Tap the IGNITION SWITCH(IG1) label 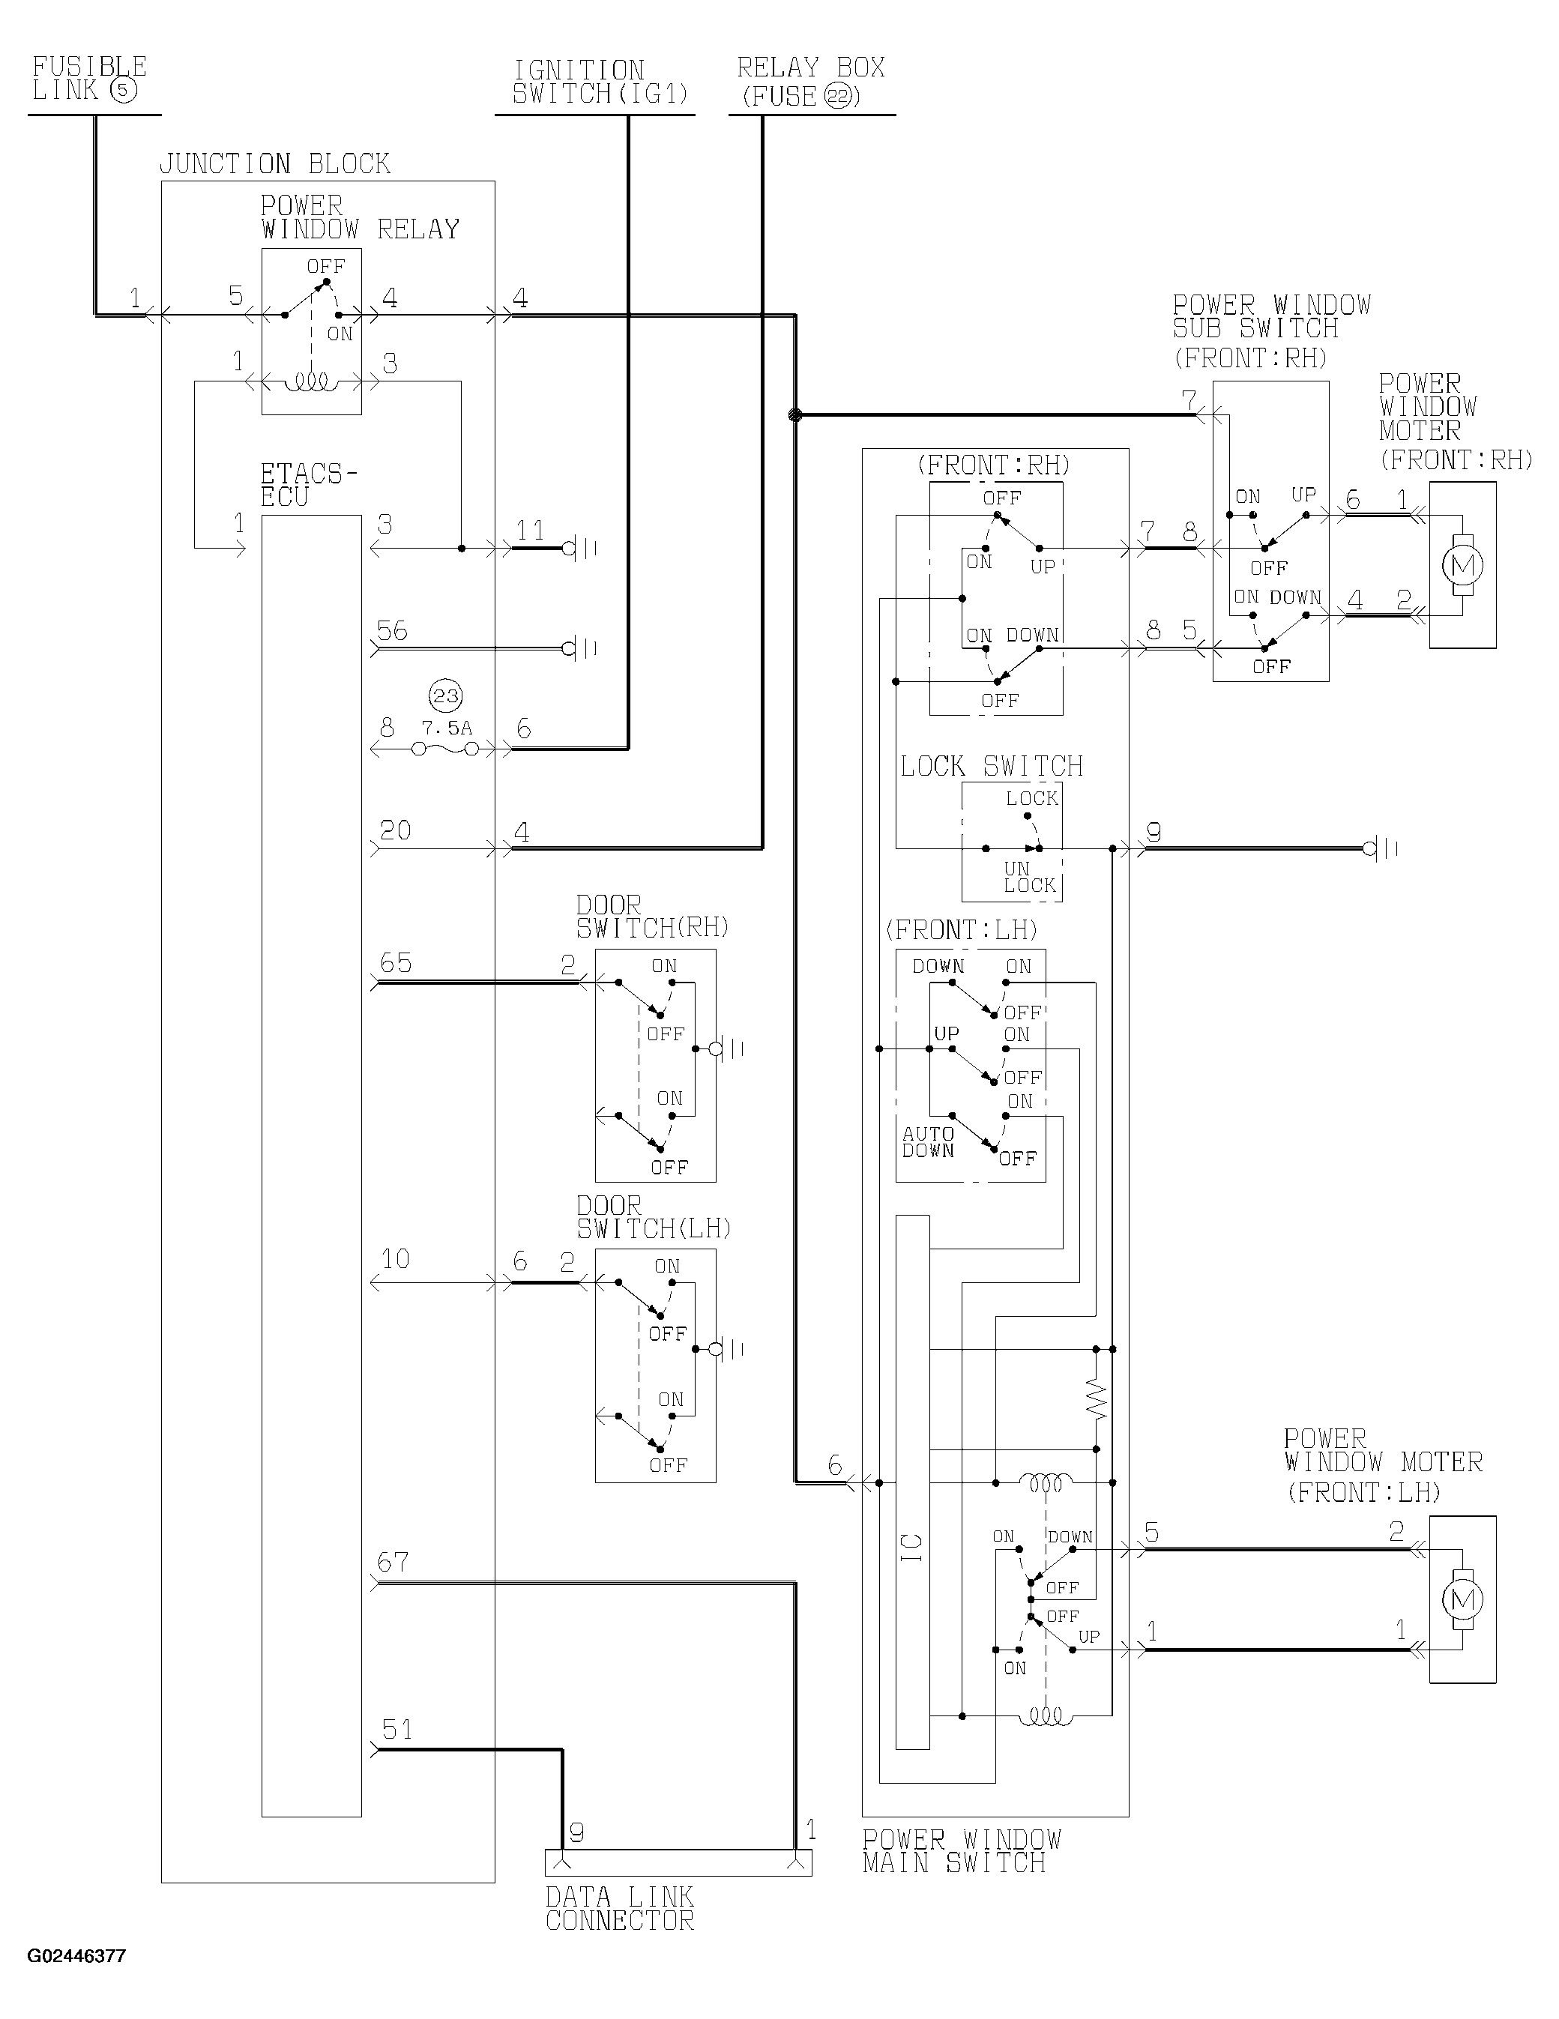[x=602, y=82]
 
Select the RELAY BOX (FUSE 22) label [x=811, y=82]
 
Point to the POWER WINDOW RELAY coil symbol [x=312, y=381]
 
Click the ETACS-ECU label [x=308, y=486]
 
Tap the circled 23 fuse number [x=447, y=696]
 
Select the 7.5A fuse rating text [x=447, y=728]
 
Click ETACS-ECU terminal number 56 [x=392, y=630]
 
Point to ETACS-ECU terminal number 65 [x=396, y=963]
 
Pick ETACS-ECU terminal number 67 [x=393, y=1563]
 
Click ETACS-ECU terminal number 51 [x=397, y=1730]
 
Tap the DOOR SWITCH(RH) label [x=653, y=916]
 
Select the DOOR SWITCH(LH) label [x=654, y=1218]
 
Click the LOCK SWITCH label [x=992, y=767]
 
